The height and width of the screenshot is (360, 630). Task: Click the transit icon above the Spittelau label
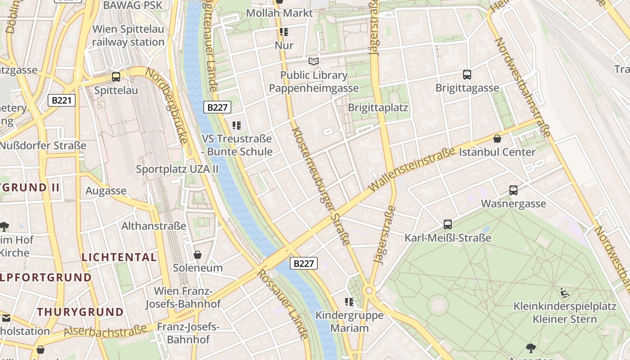[x=116, y=76]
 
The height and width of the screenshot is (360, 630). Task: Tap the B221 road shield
[x=62, y=100]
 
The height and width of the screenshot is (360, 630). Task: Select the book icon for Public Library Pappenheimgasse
[x=314, y=61]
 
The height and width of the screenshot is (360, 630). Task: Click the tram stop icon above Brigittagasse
[x=467, y=74]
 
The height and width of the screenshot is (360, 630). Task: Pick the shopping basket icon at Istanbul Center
[x=497, y=139]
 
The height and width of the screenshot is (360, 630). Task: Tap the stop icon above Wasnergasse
[x=513, y=190]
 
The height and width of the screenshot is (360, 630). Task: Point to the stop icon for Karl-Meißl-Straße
[x=447, y=224]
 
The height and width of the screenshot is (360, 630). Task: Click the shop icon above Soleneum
[x=198, y=255]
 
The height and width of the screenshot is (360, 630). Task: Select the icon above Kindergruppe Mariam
[x=349, y=301]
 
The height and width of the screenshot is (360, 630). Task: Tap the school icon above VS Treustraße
[x=237, y=125]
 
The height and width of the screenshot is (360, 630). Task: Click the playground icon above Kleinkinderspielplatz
[x=565, y=293]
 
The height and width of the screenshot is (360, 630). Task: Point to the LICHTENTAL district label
[x=119, y=257]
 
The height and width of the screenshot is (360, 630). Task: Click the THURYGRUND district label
[x=80, y=312]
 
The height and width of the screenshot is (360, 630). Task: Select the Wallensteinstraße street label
[x=412, y=169]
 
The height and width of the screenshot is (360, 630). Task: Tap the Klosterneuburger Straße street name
[x=320, y=186]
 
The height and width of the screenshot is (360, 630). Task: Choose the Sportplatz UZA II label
[x=177, y=169]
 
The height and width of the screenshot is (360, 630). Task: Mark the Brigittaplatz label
[x=378, y=108]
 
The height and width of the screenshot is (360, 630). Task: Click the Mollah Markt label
[x=279, y=13]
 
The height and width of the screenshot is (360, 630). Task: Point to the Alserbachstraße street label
[x=106, y=331]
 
